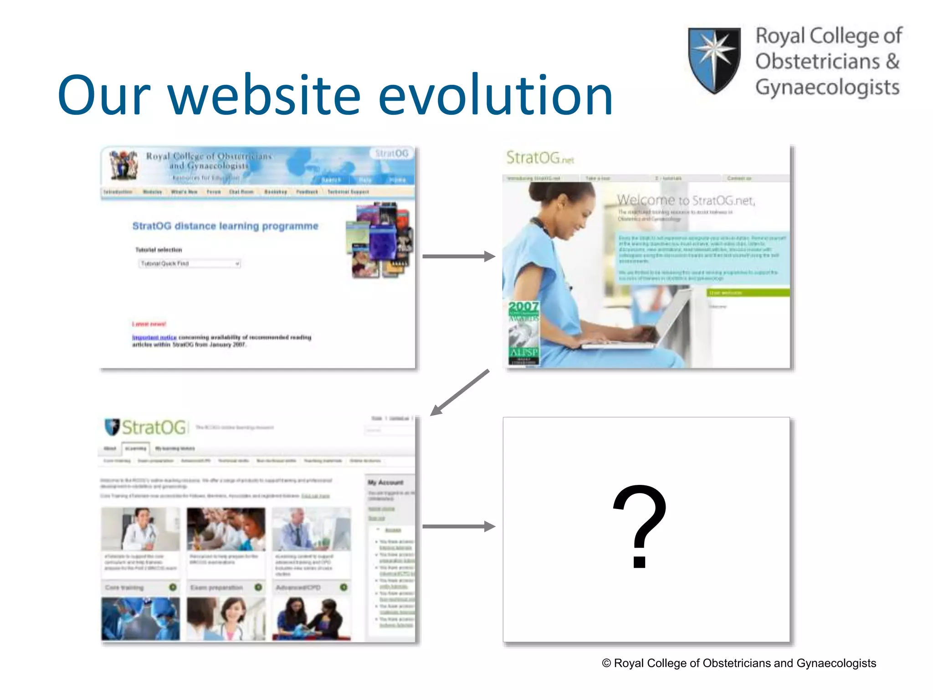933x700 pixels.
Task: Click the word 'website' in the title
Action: click(264, 96)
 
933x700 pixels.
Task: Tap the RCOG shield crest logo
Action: click(714, 60)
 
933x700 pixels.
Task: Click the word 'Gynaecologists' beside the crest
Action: click(827, 87)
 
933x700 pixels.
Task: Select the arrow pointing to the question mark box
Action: click(458, 526)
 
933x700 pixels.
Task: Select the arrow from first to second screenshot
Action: click(458, 256)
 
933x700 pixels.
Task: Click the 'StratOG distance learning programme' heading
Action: click(225, 226)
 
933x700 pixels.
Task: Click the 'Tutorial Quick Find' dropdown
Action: click(190, 263)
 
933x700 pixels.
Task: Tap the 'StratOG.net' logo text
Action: click(540, 158)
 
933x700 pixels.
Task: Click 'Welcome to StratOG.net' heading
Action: click(686, 200)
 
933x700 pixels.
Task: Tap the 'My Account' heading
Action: click(385, 482)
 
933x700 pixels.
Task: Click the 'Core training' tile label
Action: click(124, 587)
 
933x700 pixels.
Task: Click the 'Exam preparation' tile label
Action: click(216, 587)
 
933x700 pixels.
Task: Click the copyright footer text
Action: click(739, 663)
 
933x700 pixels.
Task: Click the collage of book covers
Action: click(380, 241)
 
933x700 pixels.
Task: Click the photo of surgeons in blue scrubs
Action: click(140, 618)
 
